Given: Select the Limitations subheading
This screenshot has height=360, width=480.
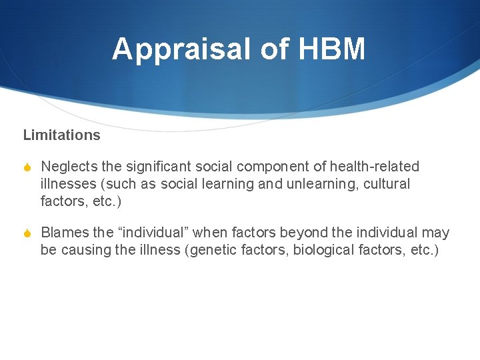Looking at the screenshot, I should click(x=61, y=135).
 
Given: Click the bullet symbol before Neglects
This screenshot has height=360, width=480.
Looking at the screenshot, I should click(x=27, y=167).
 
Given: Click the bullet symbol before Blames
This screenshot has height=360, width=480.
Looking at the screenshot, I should click(x=27, y=233).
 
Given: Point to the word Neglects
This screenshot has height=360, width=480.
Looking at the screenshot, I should click(x=69, y=166).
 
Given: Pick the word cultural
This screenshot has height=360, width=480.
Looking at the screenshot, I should click(x=387, y=183).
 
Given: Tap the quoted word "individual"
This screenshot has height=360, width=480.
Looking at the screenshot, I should click(x=153, y=233).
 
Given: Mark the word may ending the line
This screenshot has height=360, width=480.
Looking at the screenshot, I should click(x=436, y=233).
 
